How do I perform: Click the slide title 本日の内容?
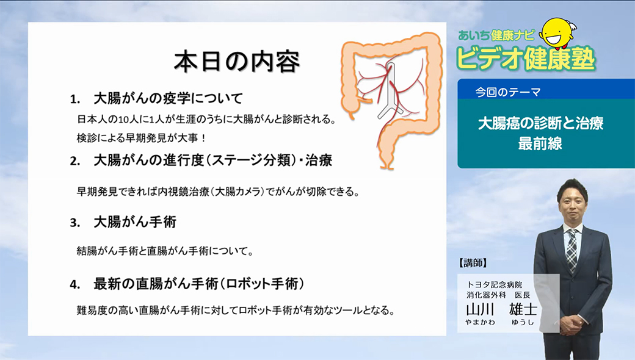tap(237, 62)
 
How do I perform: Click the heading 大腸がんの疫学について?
tap(168, 98)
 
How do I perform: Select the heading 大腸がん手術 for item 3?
tap(135, 222)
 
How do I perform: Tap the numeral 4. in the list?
tap(75, 285)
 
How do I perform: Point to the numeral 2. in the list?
tap(75, 161)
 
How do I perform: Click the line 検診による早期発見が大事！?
tap(142, 138)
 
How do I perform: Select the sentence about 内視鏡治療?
tap(219, 192)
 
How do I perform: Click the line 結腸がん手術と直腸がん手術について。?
tap(165, 251)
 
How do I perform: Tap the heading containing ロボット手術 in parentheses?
tap(199, 284)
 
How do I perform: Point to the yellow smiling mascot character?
tap(559, 32)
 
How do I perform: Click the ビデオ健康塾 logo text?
tap(526, 59)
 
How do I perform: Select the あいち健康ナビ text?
tap(496, 35)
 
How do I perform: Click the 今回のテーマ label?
tap(508, 92)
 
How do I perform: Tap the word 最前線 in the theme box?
tap(540, 143)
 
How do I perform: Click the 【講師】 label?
tap(473, 263)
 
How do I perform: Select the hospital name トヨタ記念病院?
tap(494, 285)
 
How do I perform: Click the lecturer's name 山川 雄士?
tap(502, 309)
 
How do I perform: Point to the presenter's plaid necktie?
tap(572, 250)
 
